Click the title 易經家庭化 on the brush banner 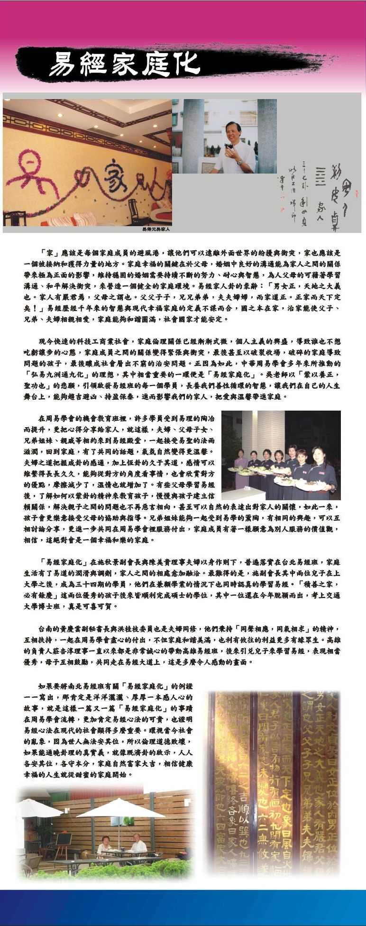tap(124, 64)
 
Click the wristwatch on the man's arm tap(239, 163)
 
